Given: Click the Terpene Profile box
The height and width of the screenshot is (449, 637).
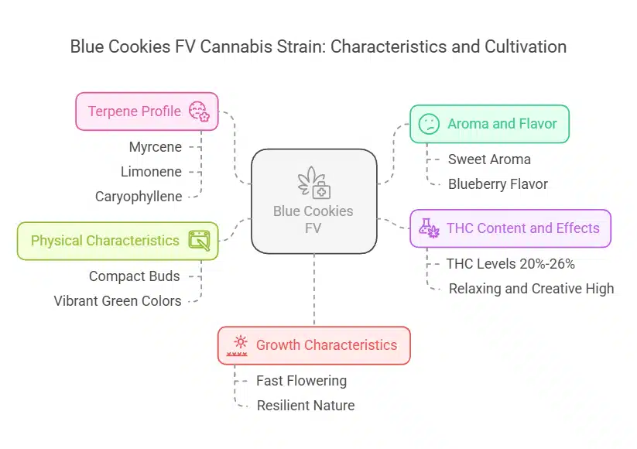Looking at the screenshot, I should (x=146, y=111).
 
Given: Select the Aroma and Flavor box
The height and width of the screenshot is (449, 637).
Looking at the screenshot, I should (x=488, y=124).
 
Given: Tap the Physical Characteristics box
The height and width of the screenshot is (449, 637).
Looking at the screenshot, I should (x=117, y=241).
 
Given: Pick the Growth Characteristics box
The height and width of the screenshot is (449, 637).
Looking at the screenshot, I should (x=313, y=345).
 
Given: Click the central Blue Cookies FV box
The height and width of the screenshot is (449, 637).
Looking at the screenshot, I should (x=313, y=201).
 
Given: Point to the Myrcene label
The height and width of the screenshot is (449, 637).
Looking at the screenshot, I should (x=156, y=146).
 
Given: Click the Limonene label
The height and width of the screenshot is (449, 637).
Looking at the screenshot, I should (x=151, y=171).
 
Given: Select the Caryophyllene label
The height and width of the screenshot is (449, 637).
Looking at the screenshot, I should (x=139, y=197).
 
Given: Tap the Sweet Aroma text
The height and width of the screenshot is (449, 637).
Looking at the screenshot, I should (x=489, y=159).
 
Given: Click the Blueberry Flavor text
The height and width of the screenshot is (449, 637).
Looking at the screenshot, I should (x=498, y=184).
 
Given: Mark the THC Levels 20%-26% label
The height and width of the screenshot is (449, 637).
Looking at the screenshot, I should (x=510, y=264).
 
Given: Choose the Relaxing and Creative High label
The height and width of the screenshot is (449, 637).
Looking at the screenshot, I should (x=531, y=289).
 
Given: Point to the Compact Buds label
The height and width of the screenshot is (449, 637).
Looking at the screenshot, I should (x=134, y=276).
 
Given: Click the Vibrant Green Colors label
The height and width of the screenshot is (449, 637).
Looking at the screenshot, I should (x=117, y=301).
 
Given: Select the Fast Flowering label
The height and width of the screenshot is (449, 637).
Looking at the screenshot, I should (x=301, y=381).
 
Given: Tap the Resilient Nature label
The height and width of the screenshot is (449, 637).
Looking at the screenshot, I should (x=305, y=406).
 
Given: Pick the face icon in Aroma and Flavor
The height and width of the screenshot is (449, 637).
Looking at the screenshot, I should (x=428, y=124).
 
